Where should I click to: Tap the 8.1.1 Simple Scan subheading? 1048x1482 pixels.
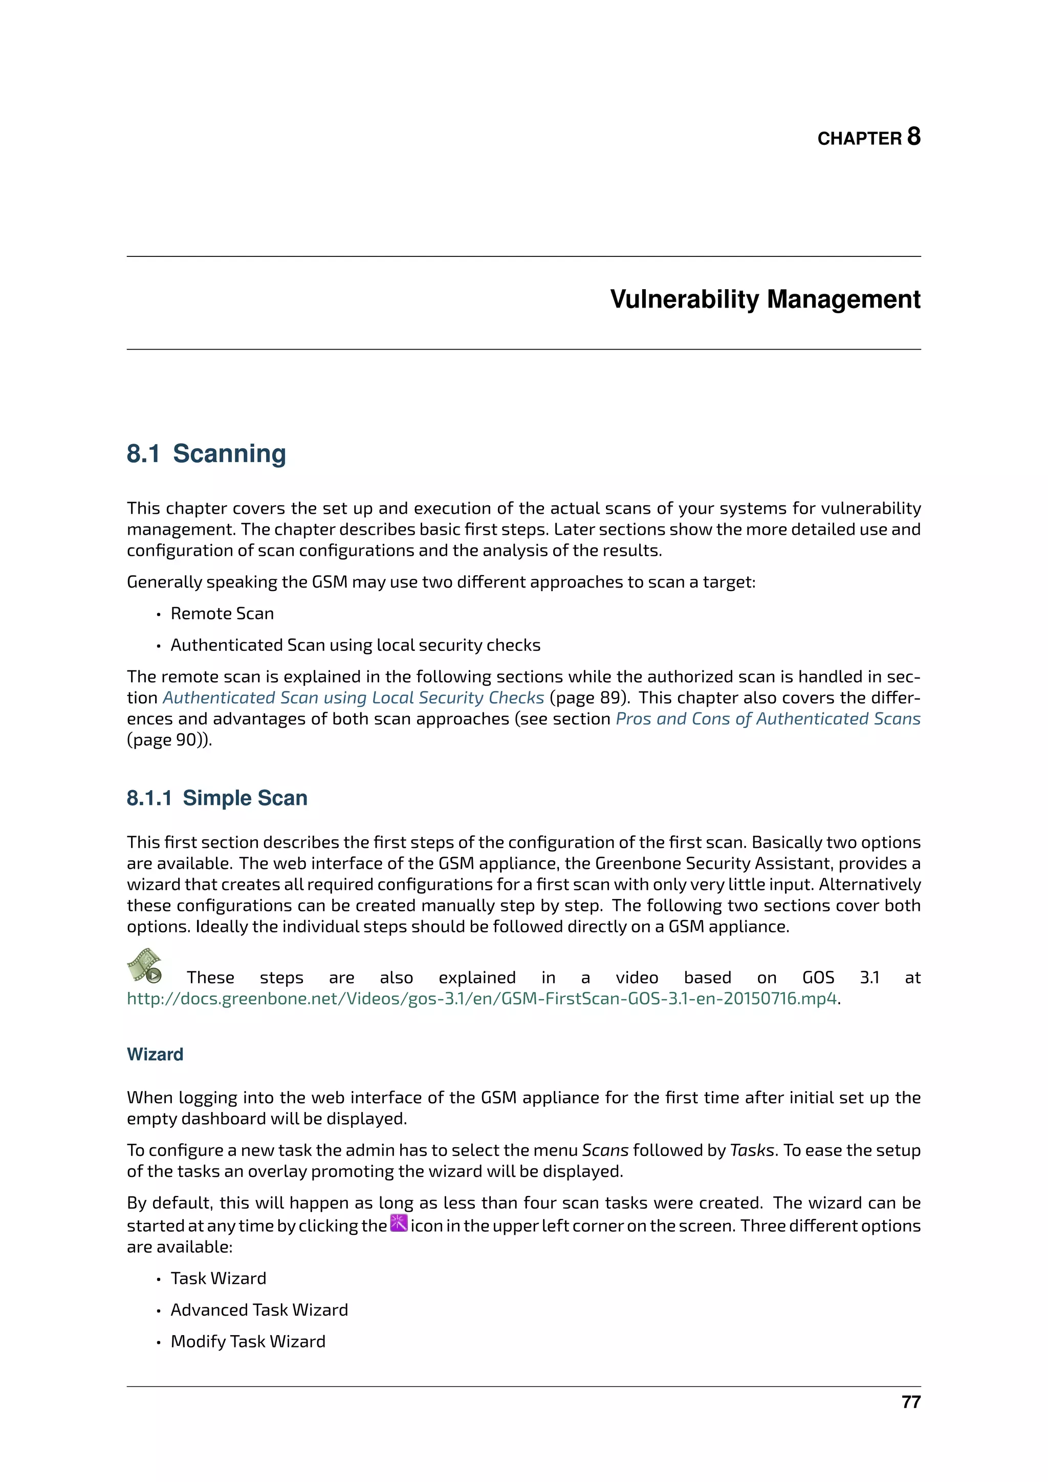click(217, 798)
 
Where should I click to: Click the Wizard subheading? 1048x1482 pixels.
click(155, 1054)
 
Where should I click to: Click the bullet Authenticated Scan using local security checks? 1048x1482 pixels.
click(355, 645)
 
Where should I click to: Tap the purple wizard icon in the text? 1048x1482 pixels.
click(399, 1223)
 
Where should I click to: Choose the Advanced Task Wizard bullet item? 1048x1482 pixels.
click(259, 1310)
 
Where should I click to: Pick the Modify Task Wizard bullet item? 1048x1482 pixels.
click(248, 1341)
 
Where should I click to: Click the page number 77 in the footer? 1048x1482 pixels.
click(910, 1402)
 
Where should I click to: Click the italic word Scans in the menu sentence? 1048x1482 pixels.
click(605, 1150)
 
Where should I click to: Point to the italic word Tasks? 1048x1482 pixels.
click(752, 1150)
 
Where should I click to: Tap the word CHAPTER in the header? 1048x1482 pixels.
click(859, 139)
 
